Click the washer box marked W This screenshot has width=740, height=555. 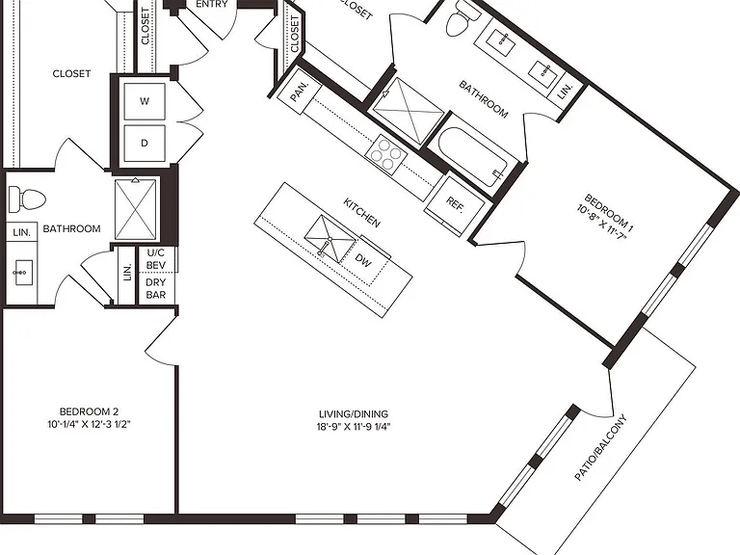tap(145, 101)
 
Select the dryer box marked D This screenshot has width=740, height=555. tap(145, 143)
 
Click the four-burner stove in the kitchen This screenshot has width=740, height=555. tap(385, 154)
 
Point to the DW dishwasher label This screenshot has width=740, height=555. tap(363, 260)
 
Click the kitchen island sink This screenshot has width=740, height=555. tap(330, 239)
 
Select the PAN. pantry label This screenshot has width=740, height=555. tap(299, 92)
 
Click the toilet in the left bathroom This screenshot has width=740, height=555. tap(27, 199)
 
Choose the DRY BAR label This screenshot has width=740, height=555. tap(156, 288)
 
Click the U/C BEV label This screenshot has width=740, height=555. tap(156, 259)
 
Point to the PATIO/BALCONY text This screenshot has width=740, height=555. tap(601, 447)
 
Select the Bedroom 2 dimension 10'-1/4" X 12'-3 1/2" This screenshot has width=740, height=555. tap(89, 424)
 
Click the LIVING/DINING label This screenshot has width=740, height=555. tap(354, 414)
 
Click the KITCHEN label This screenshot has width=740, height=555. tap(361, 213)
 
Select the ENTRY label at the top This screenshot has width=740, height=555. tap(212, 4)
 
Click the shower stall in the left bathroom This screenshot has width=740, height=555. tap(136, 208)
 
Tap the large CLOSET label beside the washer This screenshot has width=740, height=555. tap(71, 73)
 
